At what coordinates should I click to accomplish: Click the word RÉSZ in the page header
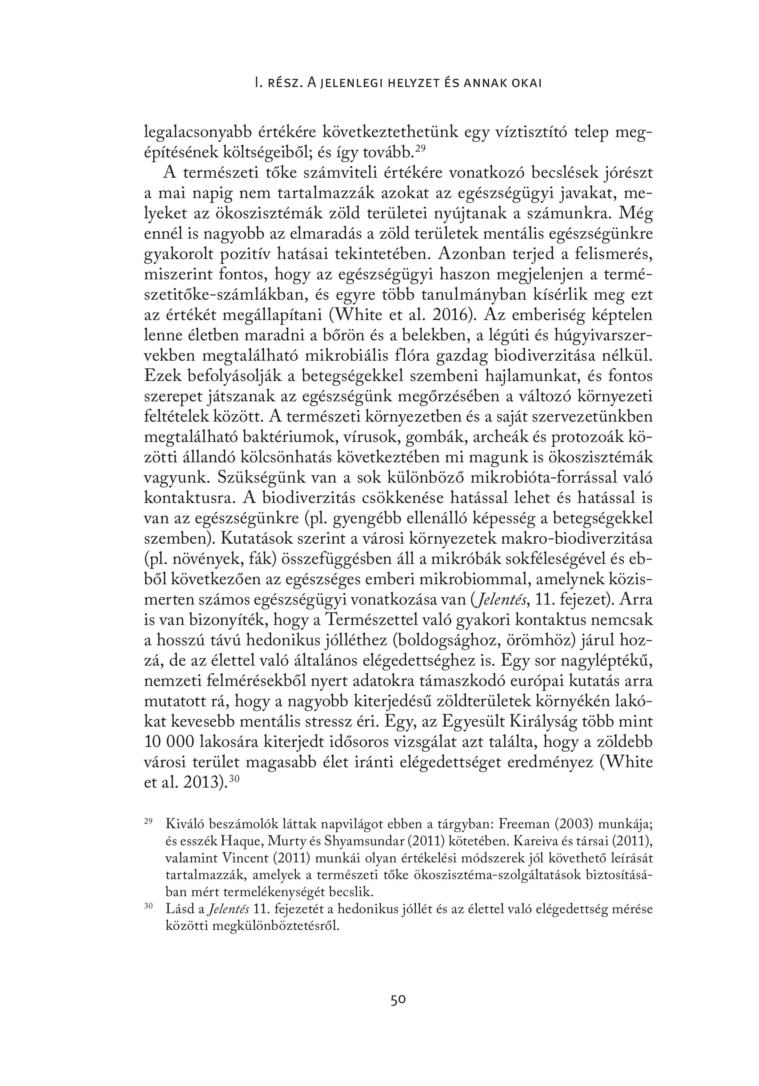pyautogui.click(x=284, y=83)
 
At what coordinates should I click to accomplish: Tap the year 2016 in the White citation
pyautogui.click(x=452, y=315)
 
